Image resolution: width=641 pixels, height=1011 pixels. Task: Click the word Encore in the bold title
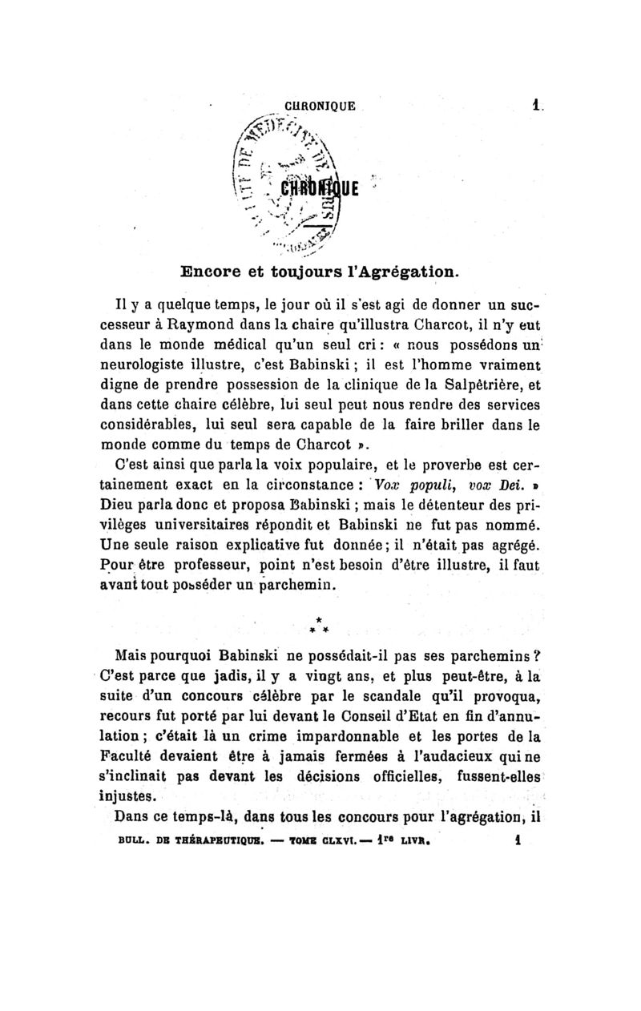coord(210,272)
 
